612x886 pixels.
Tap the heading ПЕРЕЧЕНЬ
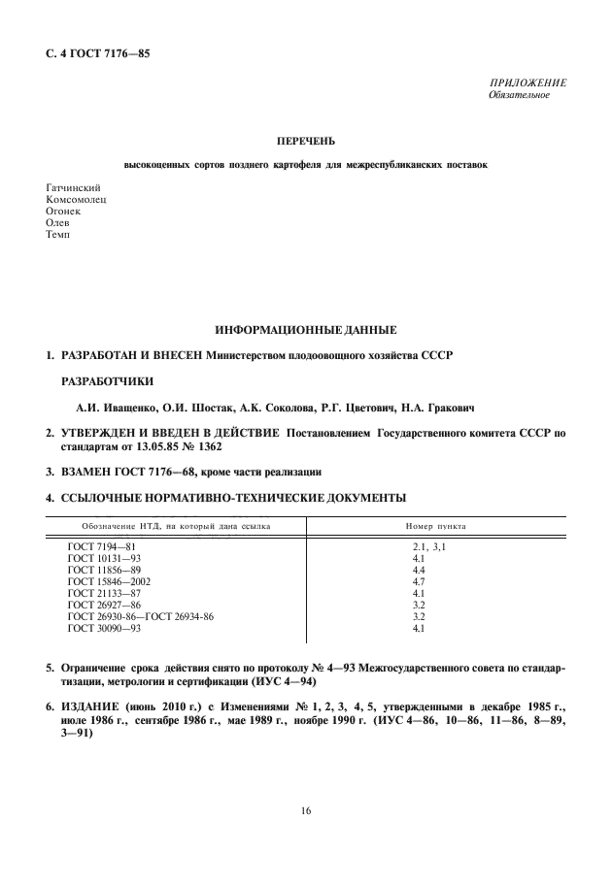click(306, 142)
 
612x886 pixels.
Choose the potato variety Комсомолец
click(77, 198)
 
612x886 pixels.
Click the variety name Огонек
click(64, 210)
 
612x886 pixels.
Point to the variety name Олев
click(58, 221)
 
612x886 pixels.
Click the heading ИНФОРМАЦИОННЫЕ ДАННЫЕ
click(306, 332)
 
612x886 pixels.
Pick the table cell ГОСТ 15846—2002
click(109, 581)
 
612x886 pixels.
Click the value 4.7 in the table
click(420, 581)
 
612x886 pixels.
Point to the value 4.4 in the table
click(420, 571)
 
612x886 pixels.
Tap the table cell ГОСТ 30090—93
click(104, 628)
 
